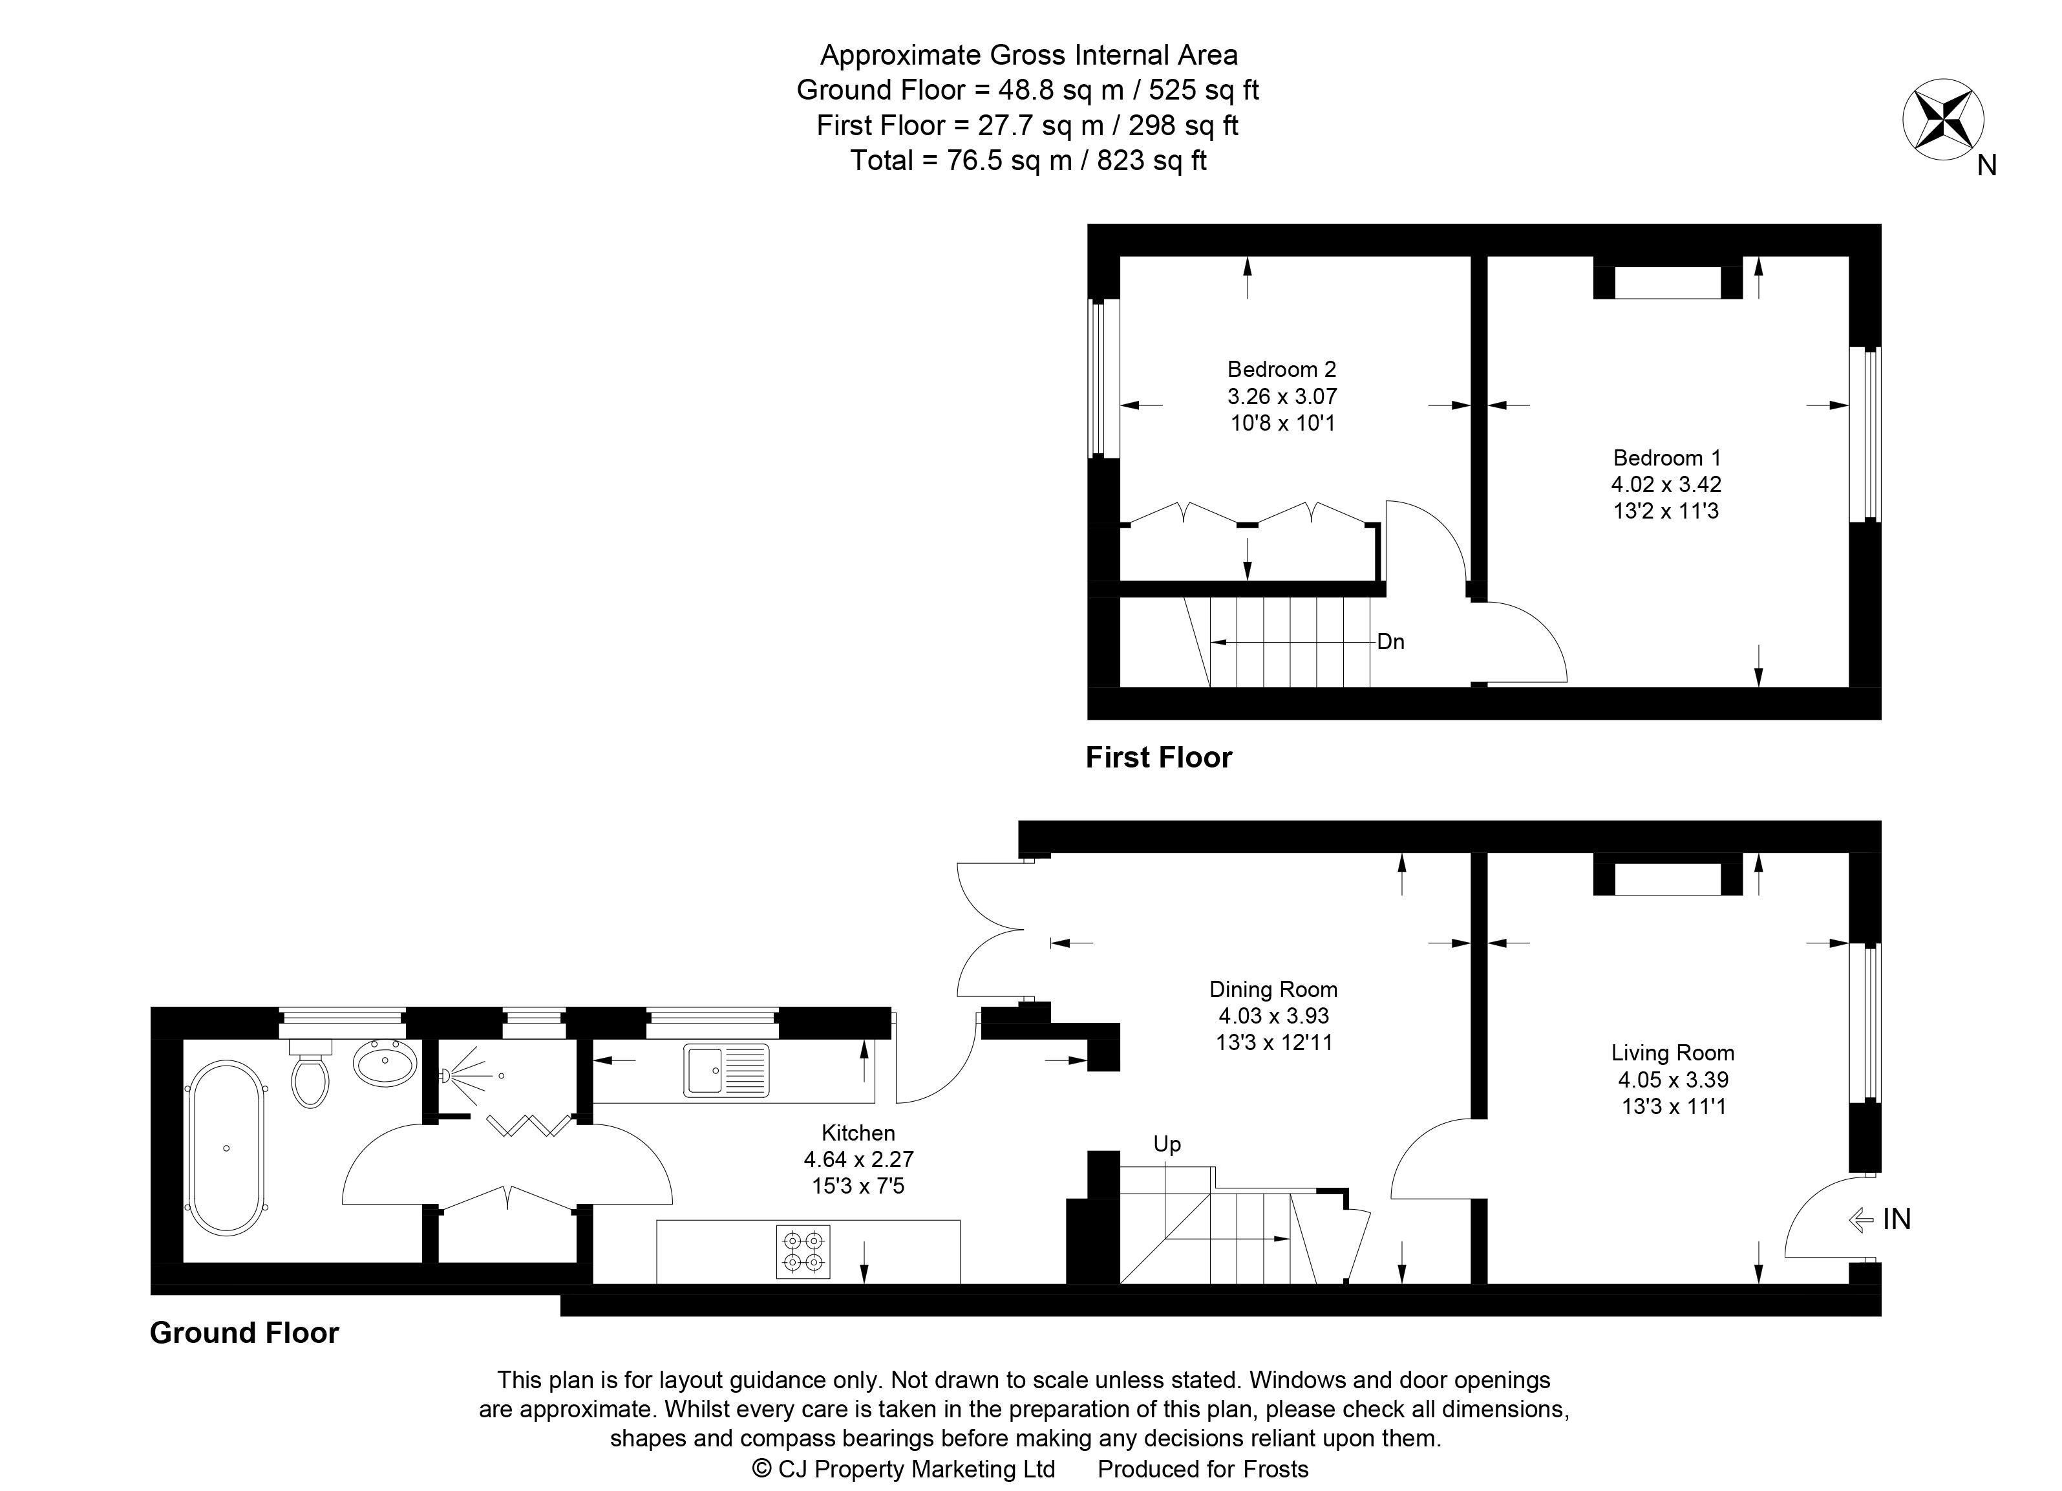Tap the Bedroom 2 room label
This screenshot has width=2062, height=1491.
click(x=1281, y=369)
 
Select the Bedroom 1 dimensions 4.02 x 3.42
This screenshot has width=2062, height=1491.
click(x=1666, y=484)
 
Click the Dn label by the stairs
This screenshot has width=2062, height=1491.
click(x=1390, y=642)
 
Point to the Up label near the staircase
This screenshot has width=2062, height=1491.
click(x=1167, y=1144)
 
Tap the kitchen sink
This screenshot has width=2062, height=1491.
click(x=727, y=1070)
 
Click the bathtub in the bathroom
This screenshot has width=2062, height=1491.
click(x=226, y=1148)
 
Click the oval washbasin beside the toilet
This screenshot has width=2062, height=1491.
click(x=385, y=1062)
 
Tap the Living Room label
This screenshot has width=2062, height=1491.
click(x=1672, y=1053)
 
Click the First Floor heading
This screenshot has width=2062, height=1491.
click(x=1158, y=757)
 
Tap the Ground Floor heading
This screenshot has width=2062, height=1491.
click(x=244, y=1333)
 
